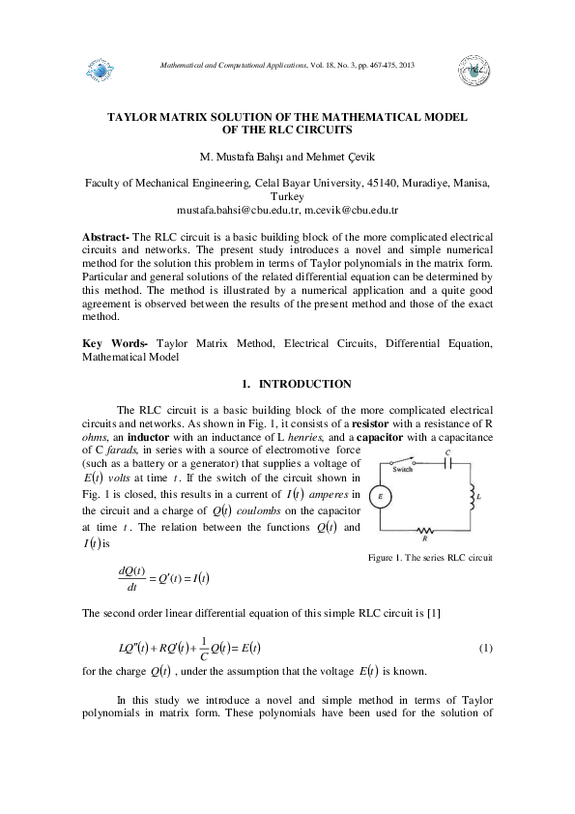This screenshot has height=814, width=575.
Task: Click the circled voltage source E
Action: coord(381,497)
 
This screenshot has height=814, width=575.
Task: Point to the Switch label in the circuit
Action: coord(404,468)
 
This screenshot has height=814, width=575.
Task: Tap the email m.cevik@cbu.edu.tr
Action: coord(352,209)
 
